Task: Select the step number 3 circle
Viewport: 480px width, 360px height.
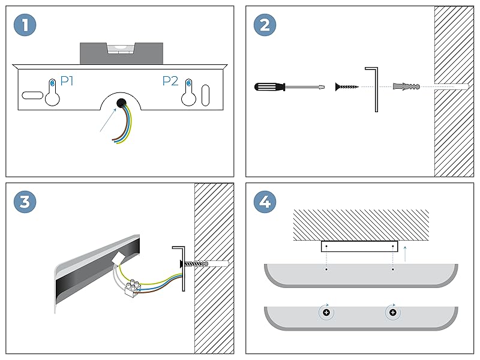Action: tap(25, 202)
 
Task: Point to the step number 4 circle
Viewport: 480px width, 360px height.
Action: tap(265, 202)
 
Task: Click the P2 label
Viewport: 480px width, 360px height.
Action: tap(170, 80)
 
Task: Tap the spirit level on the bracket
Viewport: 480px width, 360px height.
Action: tap(121, 53)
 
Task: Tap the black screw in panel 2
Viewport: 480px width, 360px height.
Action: tap(347, 87)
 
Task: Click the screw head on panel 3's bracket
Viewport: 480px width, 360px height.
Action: tap(180, 263)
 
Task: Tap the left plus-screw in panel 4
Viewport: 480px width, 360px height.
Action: tap(326, 313)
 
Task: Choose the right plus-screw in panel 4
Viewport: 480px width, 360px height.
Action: tap(392, 313)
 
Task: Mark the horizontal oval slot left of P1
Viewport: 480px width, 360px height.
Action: tap(32, 95)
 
